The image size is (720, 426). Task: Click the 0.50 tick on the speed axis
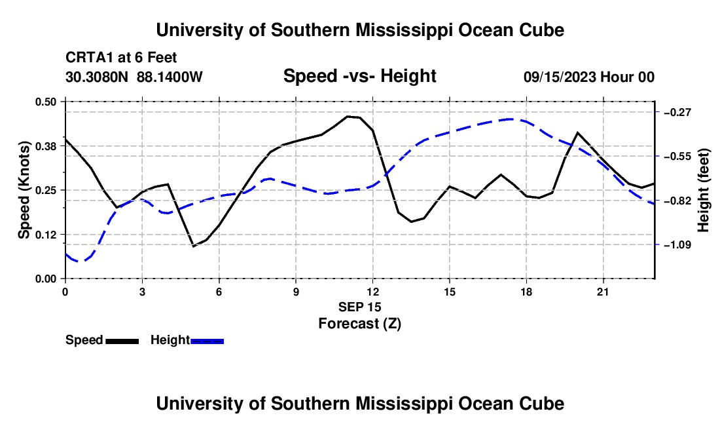(x=45, y=102)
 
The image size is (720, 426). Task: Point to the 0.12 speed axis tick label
(x=45, y=235)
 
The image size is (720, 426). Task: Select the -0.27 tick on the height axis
(x=677, y=113)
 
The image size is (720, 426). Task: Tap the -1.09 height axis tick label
(x=677, y=245)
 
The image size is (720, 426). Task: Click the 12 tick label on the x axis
(x=373, y=292)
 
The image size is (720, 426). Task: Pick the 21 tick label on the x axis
(x=603, y=292)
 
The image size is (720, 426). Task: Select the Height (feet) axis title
(x=704, y=190)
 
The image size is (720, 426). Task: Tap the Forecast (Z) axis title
(x=360, y=324)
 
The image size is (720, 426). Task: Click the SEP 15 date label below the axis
(x=360, y=307)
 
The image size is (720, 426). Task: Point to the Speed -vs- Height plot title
(x=360, y=76)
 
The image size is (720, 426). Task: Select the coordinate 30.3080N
(x=97, y=77)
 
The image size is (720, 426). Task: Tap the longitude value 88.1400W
(x=170, y=77)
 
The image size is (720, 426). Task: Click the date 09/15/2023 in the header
(x=560, y=77)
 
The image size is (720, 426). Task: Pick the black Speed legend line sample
(x=122, y=341)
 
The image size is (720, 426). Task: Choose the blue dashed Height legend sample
(x=207, y=341)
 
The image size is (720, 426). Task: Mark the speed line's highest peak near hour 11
(x=348, y=116)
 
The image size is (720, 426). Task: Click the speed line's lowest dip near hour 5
(x=194, y=246)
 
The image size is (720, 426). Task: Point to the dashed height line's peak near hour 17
(x=511, y=119)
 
